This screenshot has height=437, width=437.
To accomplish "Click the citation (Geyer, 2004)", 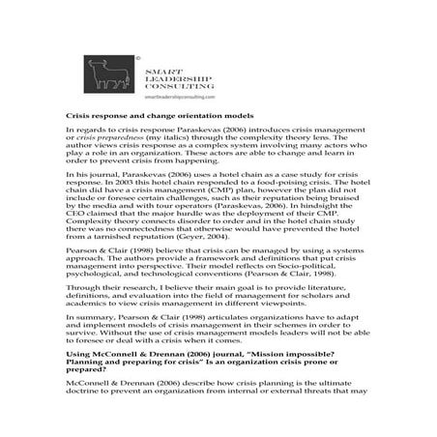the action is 233,264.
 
